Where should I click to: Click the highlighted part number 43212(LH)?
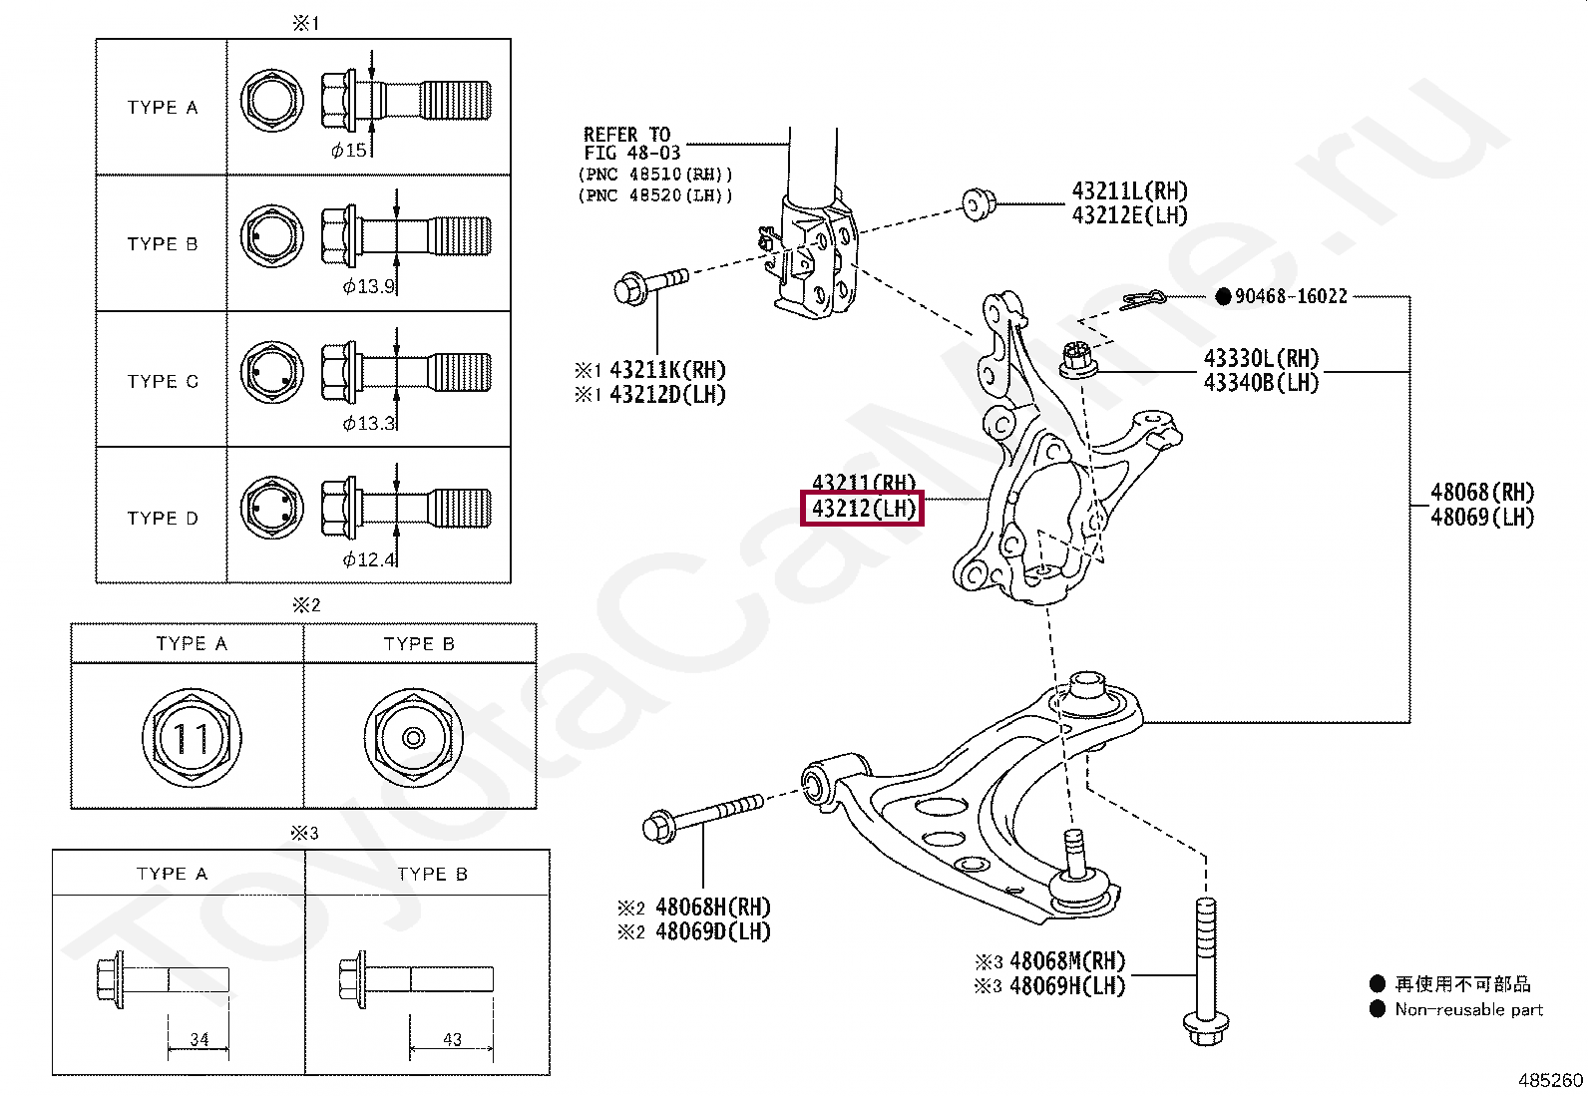coord(863,509)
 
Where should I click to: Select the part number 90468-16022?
coord(1291,296)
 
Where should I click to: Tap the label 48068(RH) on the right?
coord(1481,492)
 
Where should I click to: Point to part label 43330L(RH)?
coord(1261,358)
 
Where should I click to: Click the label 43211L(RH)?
coord(1129,190)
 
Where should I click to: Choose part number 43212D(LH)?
coord(667,394)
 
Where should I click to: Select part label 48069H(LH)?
coord(1066,985)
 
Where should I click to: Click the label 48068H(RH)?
coord(712,907)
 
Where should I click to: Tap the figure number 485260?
coord(1550,1080)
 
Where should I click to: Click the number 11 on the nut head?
coord(191,738)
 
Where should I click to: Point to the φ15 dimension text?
coord(349,151)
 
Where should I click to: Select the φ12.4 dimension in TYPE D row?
coord(369,559)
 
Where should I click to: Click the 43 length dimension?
coord(452,1039)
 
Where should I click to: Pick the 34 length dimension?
coord(199,1039)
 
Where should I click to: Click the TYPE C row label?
coord(163,381)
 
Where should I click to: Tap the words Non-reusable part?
coord(1468,1009)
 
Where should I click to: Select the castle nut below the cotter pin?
coord(1075,359)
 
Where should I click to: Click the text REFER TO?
coord(626,134)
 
